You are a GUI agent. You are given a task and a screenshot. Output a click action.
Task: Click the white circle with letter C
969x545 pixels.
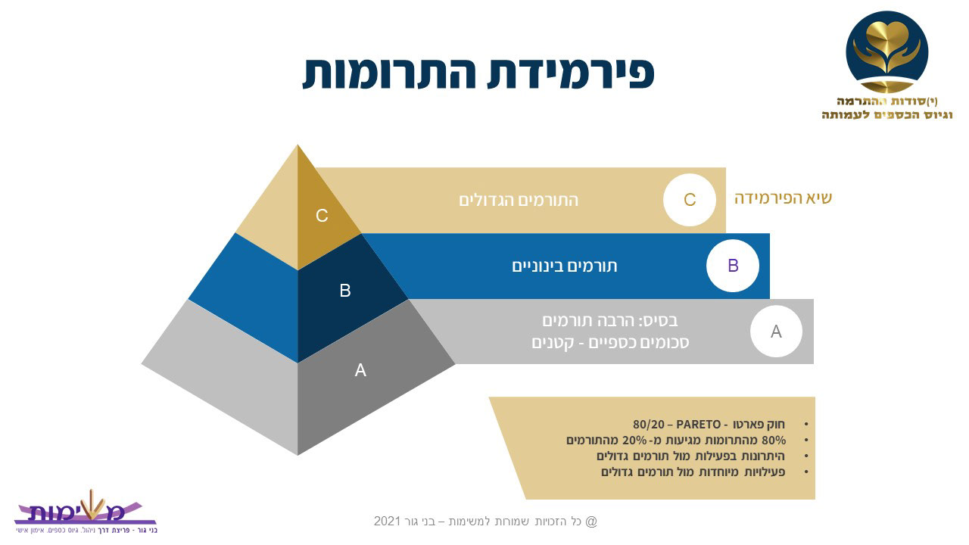690,200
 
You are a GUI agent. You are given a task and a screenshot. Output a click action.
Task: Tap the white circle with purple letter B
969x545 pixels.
733,266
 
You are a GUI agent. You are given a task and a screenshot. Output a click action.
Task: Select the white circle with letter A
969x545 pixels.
776,332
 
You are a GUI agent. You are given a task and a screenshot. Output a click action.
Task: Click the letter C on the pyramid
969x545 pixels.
322,216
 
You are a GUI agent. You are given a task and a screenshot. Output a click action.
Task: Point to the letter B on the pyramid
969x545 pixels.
344,291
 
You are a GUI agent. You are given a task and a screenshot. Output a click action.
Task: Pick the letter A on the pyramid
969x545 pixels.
360,370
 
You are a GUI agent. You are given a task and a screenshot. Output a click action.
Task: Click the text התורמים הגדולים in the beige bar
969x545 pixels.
519,201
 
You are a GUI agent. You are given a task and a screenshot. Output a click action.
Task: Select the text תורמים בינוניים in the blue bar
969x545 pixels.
565,266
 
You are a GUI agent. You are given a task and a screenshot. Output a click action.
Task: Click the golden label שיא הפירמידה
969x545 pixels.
783,198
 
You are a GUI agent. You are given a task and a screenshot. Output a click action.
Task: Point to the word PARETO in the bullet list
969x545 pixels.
699,425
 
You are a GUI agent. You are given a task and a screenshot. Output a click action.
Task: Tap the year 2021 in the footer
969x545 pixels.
387,522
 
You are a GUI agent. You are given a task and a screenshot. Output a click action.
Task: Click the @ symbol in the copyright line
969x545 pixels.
591,522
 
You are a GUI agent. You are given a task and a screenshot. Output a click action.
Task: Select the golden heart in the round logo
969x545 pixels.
886,36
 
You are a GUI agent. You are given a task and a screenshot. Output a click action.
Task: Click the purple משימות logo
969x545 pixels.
86,512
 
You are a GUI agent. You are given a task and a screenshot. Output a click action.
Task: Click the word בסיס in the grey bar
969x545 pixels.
662,321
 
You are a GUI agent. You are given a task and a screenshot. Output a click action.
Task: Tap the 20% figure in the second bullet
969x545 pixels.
634,441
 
